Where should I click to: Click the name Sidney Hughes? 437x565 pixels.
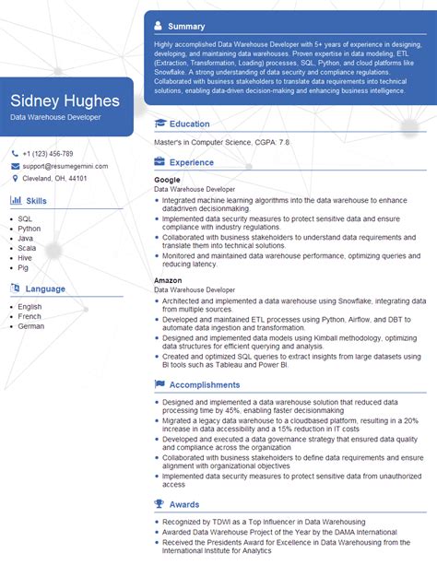65,100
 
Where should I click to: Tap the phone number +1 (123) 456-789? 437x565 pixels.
48,154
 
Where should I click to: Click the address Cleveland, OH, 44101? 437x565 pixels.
55,179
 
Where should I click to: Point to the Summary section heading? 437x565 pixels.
186,26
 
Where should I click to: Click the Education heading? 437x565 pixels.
190,124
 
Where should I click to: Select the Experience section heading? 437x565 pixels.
192,162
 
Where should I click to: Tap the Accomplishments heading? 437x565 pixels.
205,385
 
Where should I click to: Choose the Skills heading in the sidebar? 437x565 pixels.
37,200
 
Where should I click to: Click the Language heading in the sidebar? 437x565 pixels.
45,288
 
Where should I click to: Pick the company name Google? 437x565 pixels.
167,180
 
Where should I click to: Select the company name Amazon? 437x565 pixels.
168,279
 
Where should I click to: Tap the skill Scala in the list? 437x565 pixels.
28,249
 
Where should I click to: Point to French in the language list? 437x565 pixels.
30,316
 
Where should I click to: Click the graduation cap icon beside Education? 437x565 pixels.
159,124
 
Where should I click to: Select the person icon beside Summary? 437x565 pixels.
159,26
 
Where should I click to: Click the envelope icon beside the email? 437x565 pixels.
15,166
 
